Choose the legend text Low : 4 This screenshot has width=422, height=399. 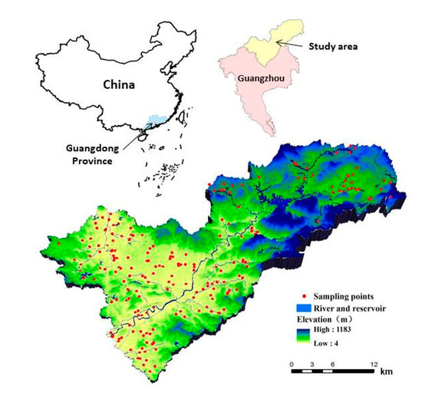(333, 342)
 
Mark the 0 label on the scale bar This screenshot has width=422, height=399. (292, 364)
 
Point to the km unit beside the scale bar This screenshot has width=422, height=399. (386, 373)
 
